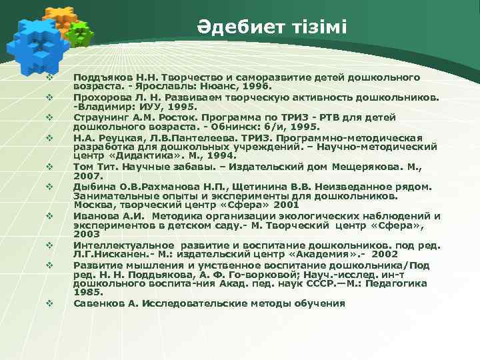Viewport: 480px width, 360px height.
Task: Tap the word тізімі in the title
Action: (317, 28)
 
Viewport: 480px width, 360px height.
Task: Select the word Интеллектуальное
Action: (124, 245)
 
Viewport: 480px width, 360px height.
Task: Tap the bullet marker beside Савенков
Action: (49, 303)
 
